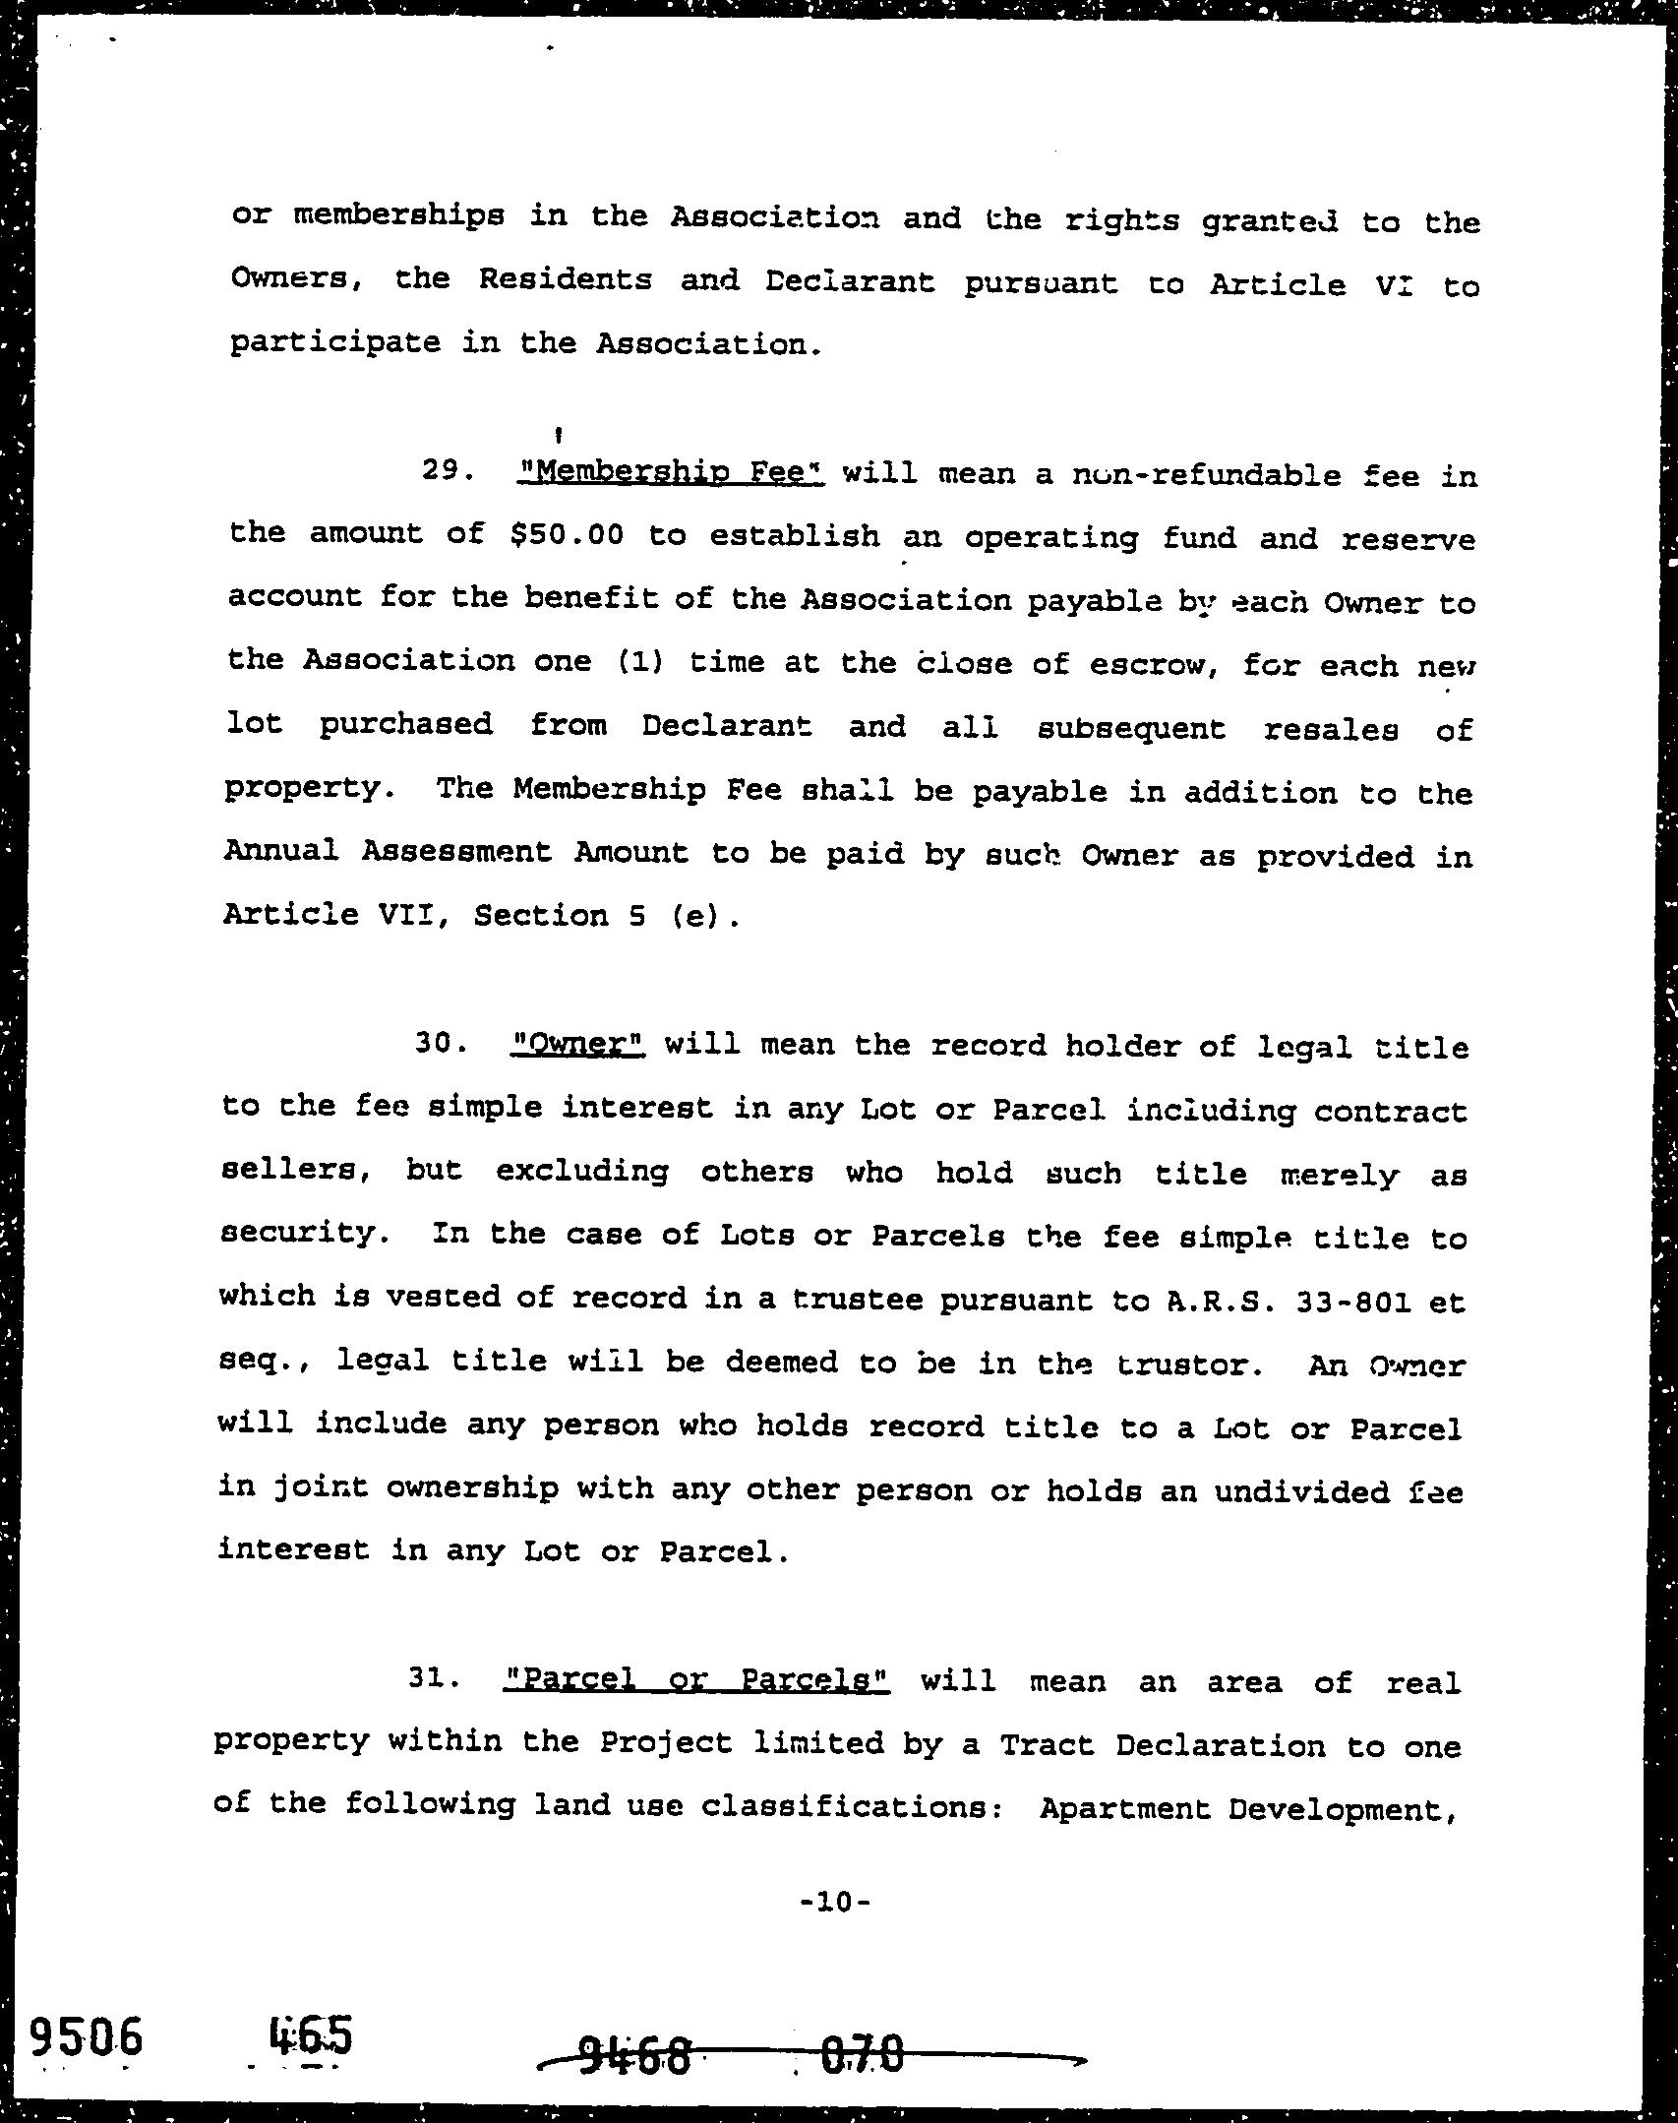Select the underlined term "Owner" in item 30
tap(578, 1044)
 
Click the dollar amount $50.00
tap(568, 534)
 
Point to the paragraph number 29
tap(449, 471)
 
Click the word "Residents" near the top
tap(565, 280)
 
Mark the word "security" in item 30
tap(298, 1234)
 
